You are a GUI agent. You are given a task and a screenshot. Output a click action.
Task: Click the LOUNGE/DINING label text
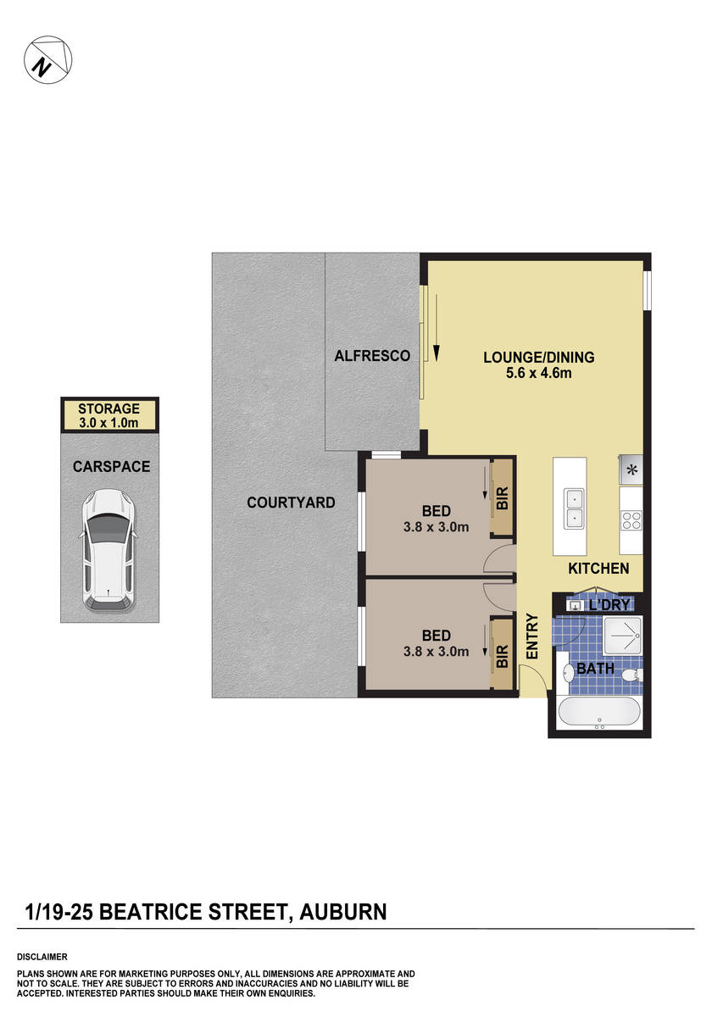point(538,357)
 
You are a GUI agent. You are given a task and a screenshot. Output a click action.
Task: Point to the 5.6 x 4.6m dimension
point(538,372)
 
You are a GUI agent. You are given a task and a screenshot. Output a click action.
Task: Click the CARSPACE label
point(111,466)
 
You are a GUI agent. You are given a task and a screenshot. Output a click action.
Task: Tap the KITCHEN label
point(598,569)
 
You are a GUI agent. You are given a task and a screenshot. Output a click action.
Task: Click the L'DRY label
point(609,605)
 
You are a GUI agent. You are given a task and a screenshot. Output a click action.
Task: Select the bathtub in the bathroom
point(600,714)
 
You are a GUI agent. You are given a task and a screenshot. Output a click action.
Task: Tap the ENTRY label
point(532,636)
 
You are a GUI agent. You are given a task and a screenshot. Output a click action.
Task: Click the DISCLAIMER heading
point(42,956)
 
